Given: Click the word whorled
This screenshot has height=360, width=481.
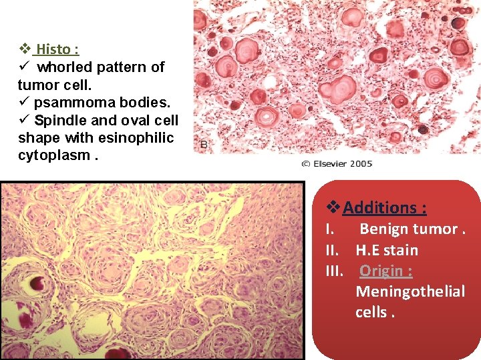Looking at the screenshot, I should pyautogui.click(x=65, y=67).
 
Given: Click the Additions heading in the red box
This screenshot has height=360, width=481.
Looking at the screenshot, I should pyautogui.click(x=384, y=208).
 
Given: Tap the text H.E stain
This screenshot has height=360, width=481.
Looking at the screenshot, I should pyautogui.click(x=387, y=250).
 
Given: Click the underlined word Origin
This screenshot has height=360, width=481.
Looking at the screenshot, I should pyautogui.click(x=385, y=271).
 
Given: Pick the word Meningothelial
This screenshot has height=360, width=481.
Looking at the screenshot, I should pyautogui.click(x=410, y=291).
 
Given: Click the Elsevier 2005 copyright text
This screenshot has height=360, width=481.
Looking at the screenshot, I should pyautogui.click(x=335, y=164).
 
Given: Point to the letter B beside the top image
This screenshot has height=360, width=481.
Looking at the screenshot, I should pyautogui.click(x=204, y=143).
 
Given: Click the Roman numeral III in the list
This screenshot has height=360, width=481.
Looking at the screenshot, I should pyautogui.click(x=334, y=271).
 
